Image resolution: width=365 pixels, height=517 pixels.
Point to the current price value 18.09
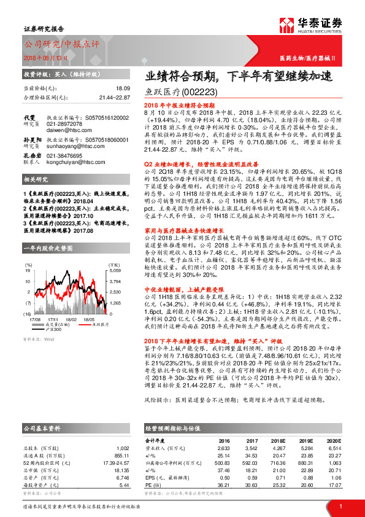click(x=123, y=90)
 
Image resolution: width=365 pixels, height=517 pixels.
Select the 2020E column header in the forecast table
click(x=333, y=440)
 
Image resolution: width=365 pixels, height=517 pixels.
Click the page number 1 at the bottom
click(x=340, y=505)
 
